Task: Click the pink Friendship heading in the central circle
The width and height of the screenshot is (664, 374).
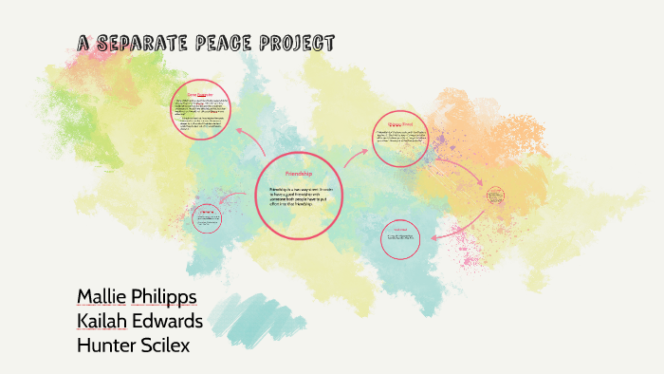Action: click(x=298, y=175)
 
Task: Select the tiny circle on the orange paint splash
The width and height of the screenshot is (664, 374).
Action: click(x=495, y=196)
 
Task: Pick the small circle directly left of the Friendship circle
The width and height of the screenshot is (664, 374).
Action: click(x=207, y=221)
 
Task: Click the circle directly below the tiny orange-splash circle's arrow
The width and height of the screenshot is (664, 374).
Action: click(x=399, y=238)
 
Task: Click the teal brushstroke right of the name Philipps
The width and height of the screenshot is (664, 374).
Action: click(x=251, y=314)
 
